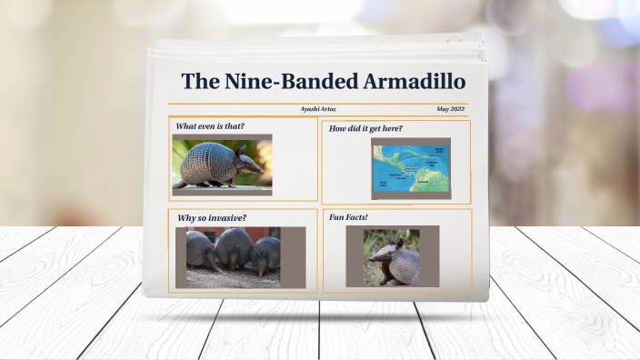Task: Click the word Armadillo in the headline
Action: pyautogui.click(x=414, y=81)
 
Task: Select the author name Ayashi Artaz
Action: pyautogui.click(x=319, y=109)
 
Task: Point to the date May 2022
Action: pyautogui.click(x=451, y=109)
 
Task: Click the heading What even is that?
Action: pyautogui.click(x=210, y=126)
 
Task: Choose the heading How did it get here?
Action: pyautogui.click(x=365, y=128)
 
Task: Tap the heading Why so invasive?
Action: pyautogui.click(x=212, y=217)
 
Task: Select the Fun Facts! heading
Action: pyautogui.click(x=348, y=217)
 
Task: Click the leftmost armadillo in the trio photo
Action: pyautogui.click(x=201, y=251)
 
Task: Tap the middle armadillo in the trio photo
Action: pyautogui.click(x=234, y=250)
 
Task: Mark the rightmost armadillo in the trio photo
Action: pyautogui.click(x=266, y=255)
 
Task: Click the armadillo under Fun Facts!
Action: pyautogui.click(x=393, y=261)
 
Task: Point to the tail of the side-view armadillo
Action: pyautogui.click(x=180, y=182)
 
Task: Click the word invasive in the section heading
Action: pyautogui.click(x=227, y=217)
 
